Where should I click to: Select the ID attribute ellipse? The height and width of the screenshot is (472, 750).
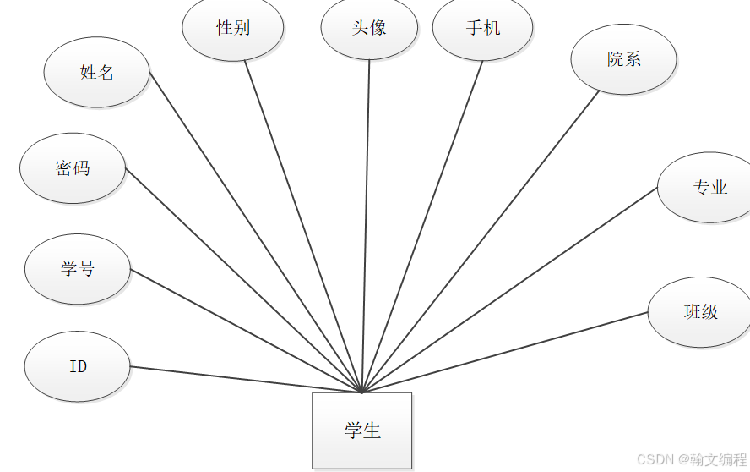click(78, 366)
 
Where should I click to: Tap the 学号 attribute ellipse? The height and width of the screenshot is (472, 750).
click(78, 269)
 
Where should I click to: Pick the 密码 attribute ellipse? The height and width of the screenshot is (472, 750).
click(73, 168)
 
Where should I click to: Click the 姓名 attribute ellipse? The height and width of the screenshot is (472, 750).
click(96, 72)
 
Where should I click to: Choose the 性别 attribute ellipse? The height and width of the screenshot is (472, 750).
click(233, 28)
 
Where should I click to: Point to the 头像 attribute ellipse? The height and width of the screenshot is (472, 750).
click(369, 28)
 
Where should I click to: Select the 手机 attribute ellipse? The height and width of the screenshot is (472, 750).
click(482, 28)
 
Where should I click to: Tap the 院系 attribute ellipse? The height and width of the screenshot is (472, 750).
click(623, 59)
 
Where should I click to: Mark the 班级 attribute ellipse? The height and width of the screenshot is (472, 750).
click(699, 311)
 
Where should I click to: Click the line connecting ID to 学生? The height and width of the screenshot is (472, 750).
click(245, 379)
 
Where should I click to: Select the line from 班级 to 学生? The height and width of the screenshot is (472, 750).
click(505, 352)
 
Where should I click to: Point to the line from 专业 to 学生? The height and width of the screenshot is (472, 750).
click(509, 289)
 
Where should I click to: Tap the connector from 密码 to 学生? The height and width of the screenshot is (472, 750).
click(243, 280)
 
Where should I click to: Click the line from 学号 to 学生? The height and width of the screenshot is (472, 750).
click(246, 331)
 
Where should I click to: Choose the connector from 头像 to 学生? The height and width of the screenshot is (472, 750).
click(366, 227)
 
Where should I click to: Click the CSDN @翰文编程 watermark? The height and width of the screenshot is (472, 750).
click(691, 459)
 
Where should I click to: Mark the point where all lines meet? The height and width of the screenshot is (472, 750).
click(362, 392)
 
